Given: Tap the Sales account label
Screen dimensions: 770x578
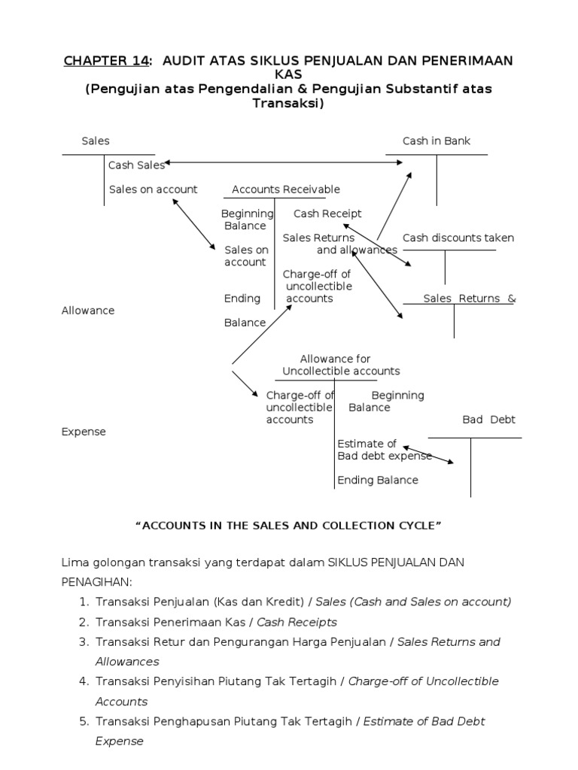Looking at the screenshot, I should [x=95, y=141].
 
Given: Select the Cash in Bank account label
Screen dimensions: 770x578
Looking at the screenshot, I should [x=436, y=141].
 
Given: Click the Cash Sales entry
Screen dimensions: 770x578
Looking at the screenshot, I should [x=136, y=165].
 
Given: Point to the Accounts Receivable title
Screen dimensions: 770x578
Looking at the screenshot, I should [x=285, y=189].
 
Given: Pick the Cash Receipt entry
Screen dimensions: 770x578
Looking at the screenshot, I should [x=327, y=214].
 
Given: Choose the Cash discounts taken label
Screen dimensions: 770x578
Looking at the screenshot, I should [x=458, y=238].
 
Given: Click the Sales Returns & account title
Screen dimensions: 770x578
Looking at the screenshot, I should [x=470, y=299].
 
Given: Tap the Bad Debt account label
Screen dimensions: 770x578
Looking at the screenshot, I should [x=488, y=420].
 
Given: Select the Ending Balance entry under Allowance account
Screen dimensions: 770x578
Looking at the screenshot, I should [x=378, y=480].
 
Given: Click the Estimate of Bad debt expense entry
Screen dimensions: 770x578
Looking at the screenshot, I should [x=384, y=450].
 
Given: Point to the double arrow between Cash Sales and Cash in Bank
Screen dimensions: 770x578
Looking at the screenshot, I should [x=282, y=162].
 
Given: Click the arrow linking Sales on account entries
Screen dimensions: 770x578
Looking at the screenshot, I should [x=194, y=223].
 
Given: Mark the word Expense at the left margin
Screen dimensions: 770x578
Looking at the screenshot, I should [x=84, y=432].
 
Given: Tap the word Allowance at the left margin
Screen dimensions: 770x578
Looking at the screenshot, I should [x=88, y=311].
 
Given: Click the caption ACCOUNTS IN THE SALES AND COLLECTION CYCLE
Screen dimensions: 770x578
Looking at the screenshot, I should [x=288, y=526].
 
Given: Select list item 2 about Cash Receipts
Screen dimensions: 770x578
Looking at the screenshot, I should [x=216, y=622].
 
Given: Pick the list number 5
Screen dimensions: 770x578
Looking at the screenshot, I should [x=84, y=721].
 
